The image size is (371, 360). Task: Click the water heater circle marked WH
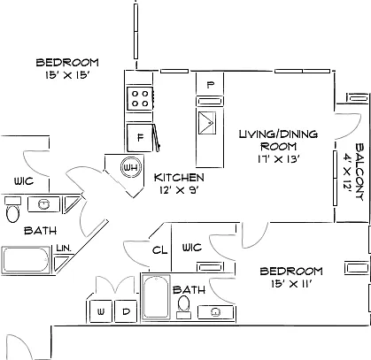tap(130, 167)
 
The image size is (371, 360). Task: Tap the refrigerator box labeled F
tap(140, 137)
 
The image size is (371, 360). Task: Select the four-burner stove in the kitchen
tap(140, 98)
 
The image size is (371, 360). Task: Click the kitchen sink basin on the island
tap(207, 122)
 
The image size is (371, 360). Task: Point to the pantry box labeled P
tap(210, 84)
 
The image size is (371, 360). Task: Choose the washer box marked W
tap(101, 311)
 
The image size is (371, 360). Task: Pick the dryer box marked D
tap(126, 311)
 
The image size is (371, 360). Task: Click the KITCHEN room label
tap(179, 178)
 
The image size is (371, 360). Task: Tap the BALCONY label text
tap(359, 172)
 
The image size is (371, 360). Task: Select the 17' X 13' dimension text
tap(279, 159)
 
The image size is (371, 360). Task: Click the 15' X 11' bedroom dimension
tap(291, 284)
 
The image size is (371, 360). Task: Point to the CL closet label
tap(159, 250)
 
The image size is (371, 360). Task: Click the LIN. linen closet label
tap(64, 249)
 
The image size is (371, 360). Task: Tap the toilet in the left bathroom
tap(12, 210)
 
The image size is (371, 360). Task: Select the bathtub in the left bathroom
tap(27, 259)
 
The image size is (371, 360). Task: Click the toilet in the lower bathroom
tap(183, 307)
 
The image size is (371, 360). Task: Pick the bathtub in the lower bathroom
tap(156, 296)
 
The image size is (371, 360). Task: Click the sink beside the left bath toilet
tap(43, 204)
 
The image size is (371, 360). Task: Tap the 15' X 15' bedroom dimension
tap(67, 75)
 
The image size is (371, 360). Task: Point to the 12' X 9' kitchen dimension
tap(178, 190)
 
